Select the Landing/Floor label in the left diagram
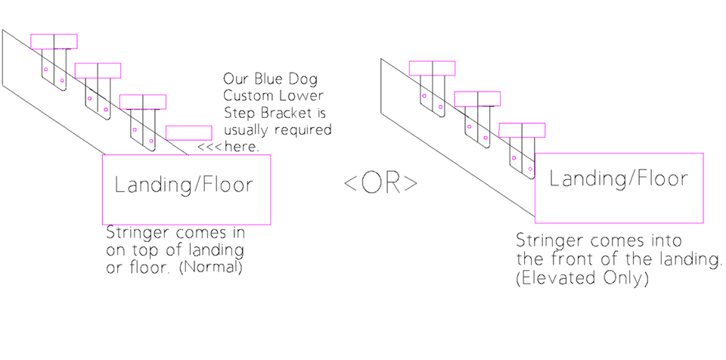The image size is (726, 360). coord(184,185)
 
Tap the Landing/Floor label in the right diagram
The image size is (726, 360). coord(619,179)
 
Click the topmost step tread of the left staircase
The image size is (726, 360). coord(54,42)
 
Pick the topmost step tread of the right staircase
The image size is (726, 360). coord(432,68)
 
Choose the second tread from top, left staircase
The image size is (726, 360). coord(98,71)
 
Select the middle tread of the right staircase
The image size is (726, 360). coord(477,99)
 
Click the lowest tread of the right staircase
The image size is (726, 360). coord(523,130)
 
